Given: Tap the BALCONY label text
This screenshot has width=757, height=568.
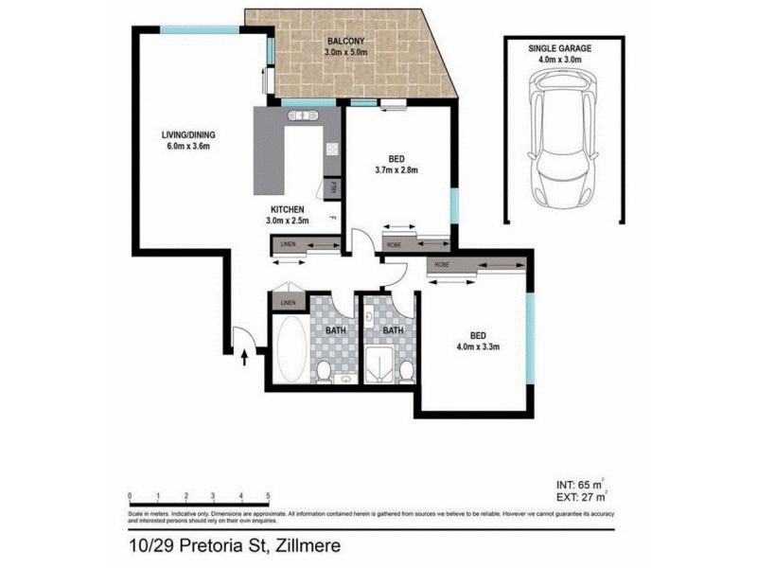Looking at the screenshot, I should tap(346, 42).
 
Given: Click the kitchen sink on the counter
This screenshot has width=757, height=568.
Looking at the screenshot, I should tap(304, 117).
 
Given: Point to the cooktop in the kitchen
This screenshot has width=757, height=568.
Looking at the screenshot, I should tap(331, 149).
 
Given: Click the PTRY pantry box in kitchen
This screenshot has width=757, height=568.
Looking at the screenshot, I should tap(333, 187).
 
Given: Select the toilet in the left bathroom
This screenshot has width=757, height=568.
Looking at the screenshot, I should tap(324, 371).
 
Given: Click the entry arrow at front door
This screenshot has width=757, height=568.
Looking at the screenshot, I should tap(245, 357).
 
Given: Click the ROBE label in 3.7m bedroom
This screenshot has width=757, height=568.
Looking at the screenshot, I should tap(393, 244).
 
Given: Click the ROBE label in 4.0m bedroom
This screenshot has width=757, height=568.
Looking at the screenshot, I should tap(442, 265).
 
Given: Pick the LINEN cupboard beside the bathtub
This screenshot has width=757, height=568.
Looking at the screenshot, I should tap(287, 303).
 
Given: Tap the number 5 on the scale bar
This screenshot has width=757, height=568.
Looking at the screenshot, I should tap(269, 495).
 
